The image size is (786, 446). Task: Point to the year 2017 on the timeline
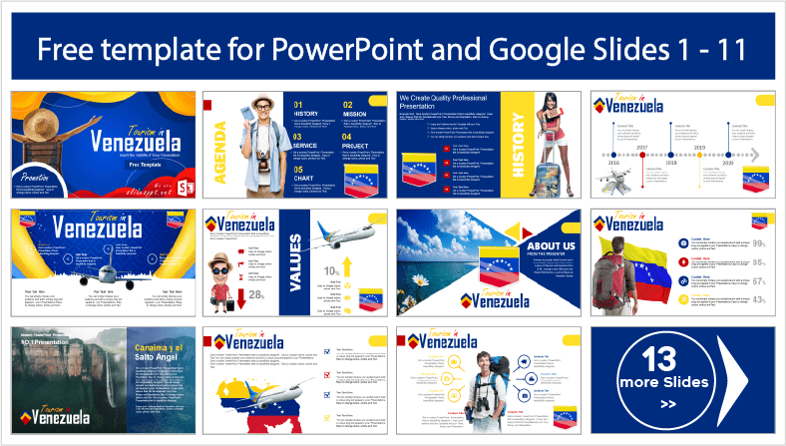pyautogui.click(x=670, y=148)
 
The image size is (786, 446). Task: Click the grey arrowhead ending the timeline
pyautogui.click(x=756, y=155)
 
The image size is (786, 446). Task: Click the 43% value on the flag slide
pyautogui.click(x=757, y=300)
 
